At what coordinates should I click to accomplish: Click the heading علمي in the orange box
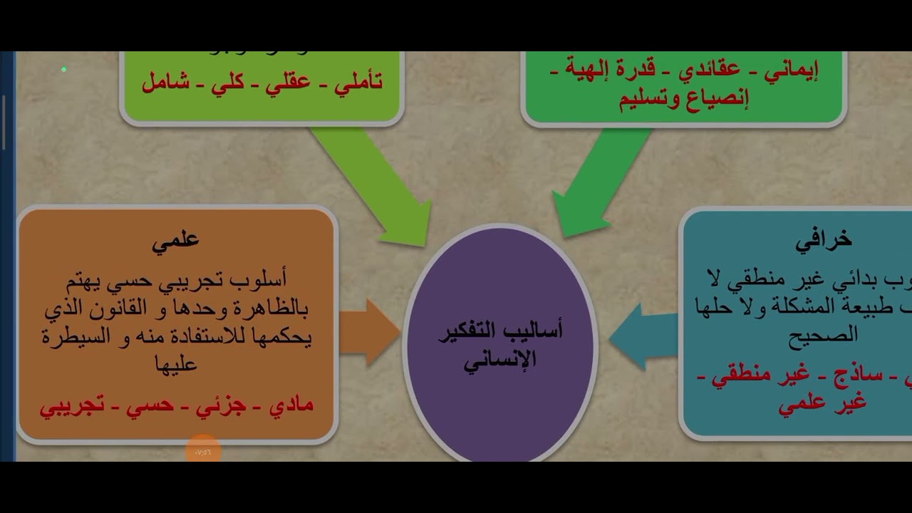[x=175, y=240]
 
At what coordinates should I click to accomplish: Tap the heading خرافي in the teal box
[x=823, y=241]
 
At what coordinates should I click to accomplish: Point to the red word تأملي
[x=353, y=82]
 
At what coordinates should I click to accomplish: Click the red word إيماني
[x=790, y=71]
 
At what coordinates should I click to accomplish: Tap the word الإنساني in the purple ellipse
[x=499, y=360]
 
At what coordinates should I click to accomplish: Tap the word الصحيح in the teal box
[x=823, y=335]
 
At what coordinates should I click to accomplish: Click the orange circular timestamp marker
[x=203, y=451]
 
